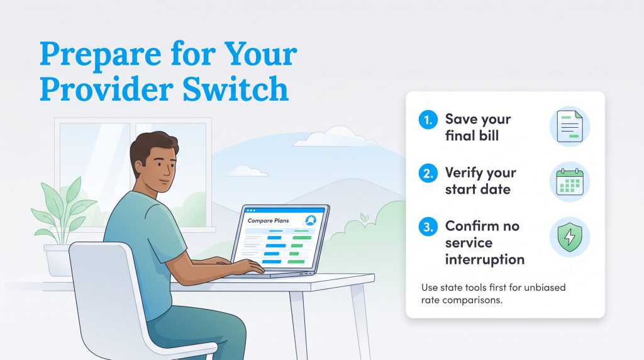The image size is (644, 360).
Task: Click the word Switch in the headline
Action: click(x=235, y=89)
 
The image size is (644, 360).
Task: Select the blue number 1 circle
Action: click(x=428, y=120)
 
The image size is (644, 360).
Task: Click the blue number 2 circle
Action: click(x=428, y=173)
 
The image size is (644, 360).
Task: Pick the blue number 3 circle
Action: click(x=428, y=227)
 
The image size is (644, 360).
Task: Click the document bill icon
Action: click(x=570, y=127)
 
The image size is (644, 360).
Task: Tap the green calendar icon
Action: click(x=570, y=182)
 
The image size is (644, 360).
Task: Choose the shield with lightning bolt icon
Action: click(x=570, y=237)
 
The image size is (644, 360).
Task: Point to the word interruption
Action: click(x=485, y=260)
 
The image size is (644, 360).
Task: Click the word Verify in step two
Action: click(x=464, y=173)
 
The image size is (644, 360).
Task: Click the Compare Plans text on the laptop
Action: click(x=268, y=221)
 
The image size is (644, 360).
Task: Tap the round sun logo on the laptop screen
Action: click(x=311, y=221)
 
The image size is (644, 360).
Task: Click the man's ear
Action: click(x=139, y=167)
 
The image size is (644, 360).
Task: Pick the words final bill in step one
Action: click(x=472, y=135)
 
